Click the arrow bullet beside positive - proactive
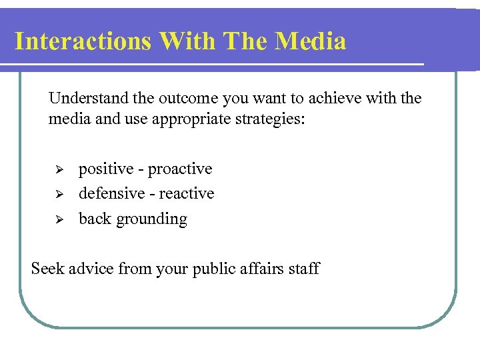tap(57, 170)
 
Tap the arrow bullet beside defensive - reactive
tap(57, 195)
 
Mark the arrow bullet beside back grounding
tap(57, 219)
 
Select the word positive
tap(106, 169)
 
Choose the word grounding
tap(152, 219)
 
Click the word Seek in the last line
tap(47, 269)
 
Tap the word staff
tap(305, 269)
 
